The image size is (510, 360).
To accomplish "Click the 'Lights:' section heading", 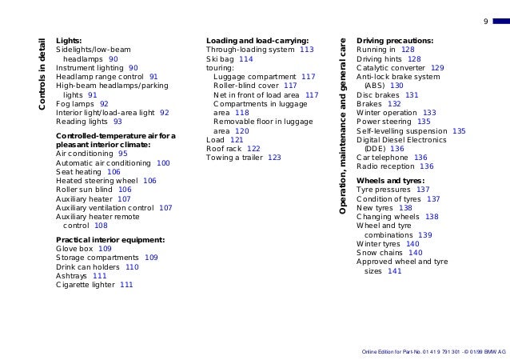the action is [69, 41].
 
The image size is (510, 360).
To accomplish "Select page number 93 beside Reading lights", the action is [118, 122].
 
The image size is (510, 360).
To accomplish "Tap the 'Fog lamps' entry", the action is [75, 104].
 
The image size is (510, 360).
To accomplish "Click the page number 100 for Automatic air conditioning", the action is [163, 163].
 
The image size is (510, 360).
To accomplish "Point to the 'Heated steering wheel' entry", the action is [97, 181].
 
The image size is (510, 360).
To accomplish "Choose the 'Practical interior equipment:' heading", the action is [110, 240].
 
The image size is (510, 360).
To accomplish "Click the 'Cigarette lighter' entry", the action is [86, 285].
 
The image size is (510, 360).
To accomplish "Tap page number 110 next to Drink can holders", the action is [132, 267].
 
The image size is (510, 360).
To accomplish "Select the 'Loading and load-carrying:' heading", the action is [257, 41].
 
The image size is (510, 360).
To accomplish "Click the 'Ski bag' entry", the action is [220, 59].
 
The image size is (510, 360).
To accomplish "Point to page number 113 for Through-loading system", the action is [307, 50].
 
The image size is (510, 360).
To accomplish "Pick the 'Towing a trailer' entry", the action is [234, 158].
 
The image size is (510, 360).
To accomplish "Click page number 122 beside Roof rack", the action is [253, 149].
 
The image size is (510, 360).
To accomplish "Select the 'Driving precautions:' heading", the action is [395, 41].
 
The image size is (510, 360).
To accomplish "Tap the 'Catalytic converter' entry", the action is [391, 68].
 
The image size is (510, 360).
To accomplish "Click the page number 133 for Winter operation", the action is [429, 113].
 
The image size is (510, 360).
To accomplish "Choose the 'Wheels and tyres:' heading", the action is [391, 181].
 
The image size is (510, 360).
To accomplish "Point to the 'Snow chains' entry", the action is [380, 253].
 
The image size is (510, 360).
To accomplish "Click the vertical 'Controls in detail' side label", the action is [42, 74].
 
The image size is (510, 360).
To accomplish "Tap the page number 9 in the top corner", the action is [486, 22].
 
